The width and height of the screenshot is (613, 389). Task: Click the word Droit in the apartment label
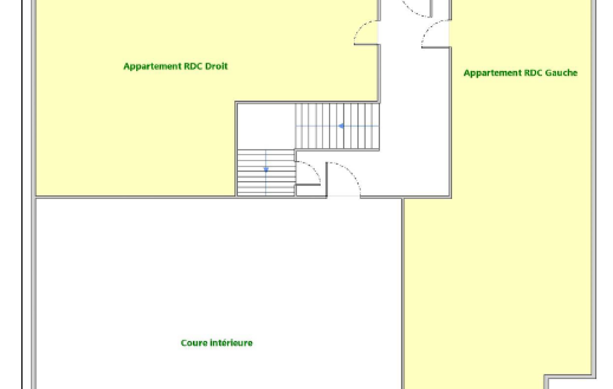(x=216, y=66)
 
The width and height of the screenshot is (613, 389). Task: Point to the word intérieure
(x=231, y=343)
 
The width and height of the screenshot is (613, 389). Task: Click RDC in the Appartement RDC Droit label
(x=193, y=66)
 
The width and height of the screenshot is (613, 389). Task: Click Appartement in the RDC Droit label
(x=153, y=66)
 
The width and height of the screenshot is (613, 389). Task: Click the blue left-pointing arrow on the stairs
(x=341, y=126)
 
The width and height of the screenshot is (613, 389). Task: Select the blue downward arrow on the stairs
(x=266, y=169)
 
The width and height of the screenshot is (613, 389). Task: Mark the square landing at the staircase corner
(x=266, y=126)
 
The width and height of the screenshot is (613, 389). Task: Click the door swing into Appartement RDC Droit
(x=365, y=32)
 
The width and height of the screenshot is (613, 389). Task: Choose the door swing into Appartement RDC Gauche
(x=435, y=34)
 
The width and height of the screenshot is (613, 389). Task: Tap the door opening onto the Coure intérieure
(x=344, y=179)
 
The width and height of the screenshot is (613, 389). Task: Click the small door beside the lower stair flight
(x=309, y=172)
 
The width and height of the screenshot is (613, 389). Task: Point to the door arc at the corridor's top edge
(x=417, y=8)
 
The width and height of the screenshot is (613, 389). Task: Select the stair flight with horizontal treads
(x=266, y=172)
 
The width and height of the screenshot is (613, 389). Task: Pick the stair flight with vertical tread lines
(x=337, y=126)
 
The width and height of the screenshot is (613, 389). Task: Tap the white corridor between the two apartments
(x=414, y=117)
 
